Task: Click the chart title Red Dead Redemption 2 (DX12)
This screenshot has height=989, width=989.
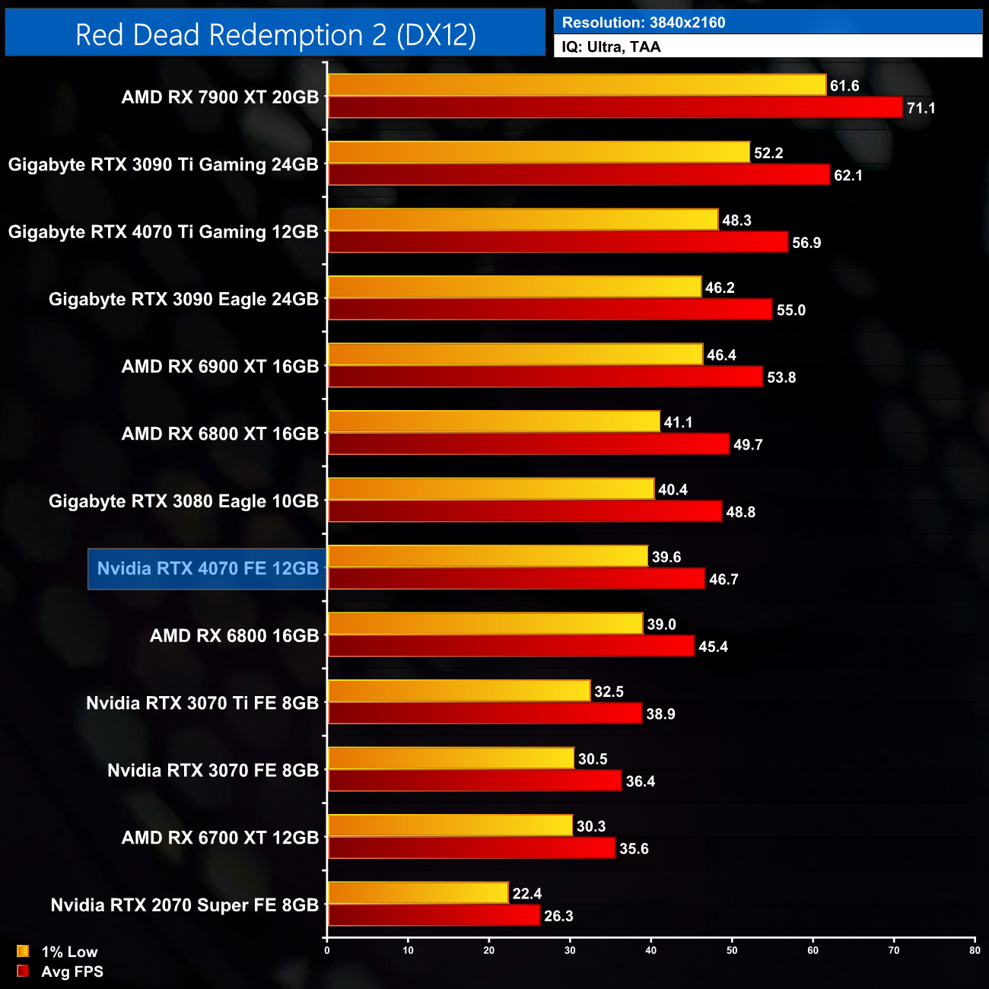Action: click(x=275, y=35)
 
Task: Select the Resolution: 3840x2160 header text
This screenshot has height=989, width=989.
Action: click(x=644, y=23)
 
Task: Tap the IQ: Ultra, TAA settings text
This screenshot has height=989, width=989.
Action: click(x=611, y=47)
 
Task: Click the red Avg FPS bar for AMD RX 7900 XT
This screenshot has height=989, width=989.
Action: click(x=615, y=107)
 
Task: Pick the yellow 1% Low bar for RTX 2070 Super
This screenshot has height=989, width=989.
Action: click(x=418, y=892)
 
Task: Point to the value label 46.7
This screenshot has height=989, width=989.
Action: click(x=723, y=580)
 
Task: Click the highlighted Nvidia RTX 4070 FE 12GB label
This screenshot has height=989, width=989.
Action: click(x=208, y=568)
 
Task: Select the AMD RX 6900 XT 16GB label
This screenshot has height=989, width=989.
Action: click(x=220, y=367)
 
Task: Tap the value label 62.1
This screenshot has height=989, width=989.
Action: click(x=848, y=176)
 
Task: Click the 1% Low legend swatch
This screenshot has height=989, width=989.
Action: click(x=23, y=951)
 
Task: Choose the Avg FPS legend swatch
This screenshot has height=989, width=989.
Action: click(x=23, y=971)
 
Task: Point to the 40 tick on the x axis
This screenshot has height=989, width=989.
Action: click(x=651, y=950)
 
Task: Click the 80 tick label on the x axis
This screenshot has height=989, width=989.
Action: click(x=975, y=950)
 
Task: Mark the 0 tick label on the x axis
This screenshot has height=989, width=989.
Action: click(x=327, y=950)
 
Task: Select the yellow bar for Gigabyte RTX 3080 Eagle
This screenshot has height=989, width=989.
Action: click(x=491, y=488)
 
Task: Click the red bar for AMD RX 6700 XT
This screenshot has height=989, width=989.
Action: click(x=471, y=847)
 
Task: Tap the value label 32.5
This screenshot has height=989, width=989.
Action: click(x=609, y=692)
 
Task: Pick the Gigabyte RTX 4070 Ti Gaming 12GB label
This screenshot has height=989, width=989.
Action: click(x=163, y=232)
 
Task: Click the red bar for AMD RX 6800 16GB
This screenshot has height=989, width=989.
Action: click(x=510, y=646)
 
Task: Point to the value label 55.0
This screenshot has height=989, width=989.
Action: click(x=791, y=310)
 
